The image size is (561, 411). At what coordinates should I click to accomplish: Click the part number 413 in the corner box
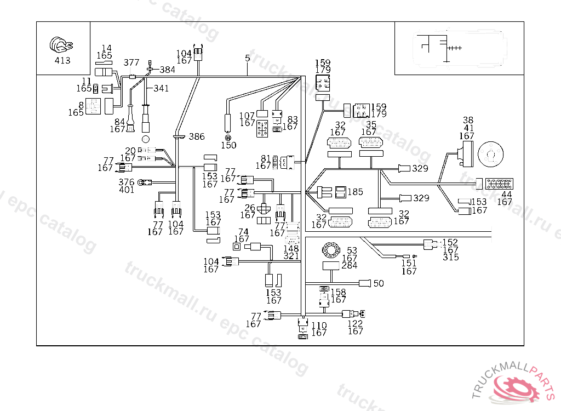coord(62,60)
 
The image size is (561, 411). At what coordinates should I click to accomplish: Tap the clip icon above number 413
coord(61,45)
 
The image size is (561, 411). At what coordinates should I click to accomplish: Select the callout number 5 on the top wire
coord(248,58)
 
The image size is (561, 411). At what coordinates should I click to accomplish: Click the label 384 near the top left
coord(167,70)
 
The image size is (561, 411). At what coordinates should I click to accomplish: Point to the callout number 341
coord(161,88)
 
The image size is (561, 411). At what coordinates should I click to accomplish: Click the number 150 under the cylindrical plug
coord(228,145)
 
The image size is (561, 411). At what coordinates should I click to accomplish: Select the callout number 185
coord(356,192)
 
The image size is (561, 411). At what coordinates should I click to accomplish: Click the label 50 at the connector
coord(379,283)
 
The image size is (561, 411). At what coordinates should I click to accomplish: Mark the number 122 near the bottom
coord(356,323)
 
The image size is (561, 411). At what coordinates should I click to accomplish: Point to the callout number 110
coord(319,326)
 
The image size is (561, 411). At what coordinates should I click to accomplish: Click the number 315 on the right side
coord(450,257)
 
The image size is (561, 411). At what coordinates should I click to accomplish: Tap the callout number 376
coord(127,182)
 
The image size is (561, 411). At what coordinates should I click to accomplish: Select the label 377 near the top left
coord(131,62)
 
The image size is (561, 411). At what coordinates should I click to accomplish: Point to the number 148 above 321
coord(291,248)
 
